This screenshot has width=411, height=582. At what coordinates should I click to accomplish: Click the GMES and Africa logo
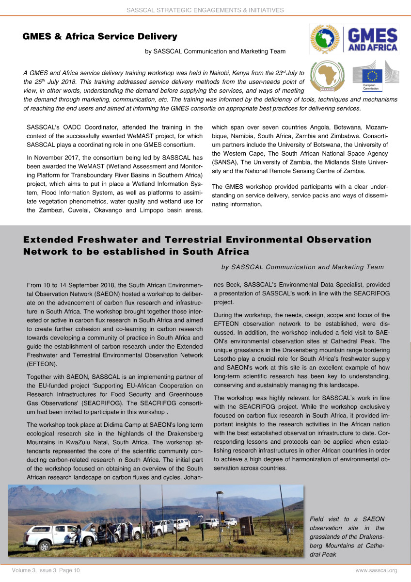pyautogui.click(x=354, y=40)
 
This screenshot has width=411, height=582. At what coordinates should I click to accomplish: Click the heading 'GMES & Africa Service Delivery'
pyautogui.click(x=100, y=36)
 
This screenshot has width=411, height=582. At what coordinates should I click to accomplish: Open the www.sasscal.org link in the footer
pyautogui.click(x=376, y=570)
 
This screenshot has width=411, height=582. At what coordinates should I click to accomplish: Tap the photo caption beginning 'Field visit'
pyautogui.click(x=347, y=536)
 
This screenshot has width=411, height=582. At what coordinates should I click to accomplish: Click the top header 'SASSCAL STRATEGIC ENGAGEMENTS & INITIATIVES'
pyautogui.click(x=205, y=10)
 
